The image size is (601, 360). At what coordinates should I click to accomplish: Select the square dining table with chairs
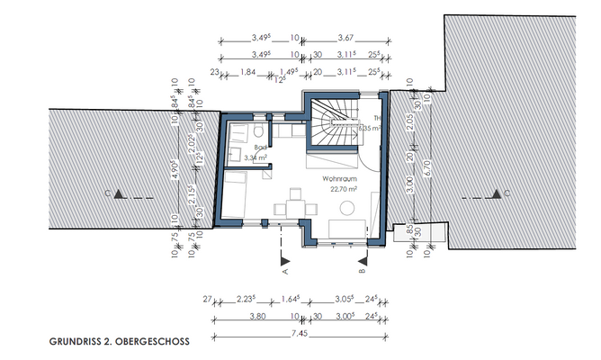click(292, 203)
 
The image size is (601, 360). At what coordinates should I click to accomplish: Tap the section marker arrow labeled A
click(283, 257)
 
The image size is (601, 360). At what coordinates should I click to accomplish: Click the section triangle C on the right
click(496, 193)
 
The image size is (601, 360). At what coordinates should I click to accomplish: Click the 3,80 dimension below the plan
click(256, 317)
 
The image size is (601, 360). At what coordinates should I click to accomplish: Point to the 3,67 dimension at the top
click(346, 38)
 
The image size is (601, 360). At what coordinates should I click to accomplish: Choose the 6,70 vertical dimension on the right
click(431, 167)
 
